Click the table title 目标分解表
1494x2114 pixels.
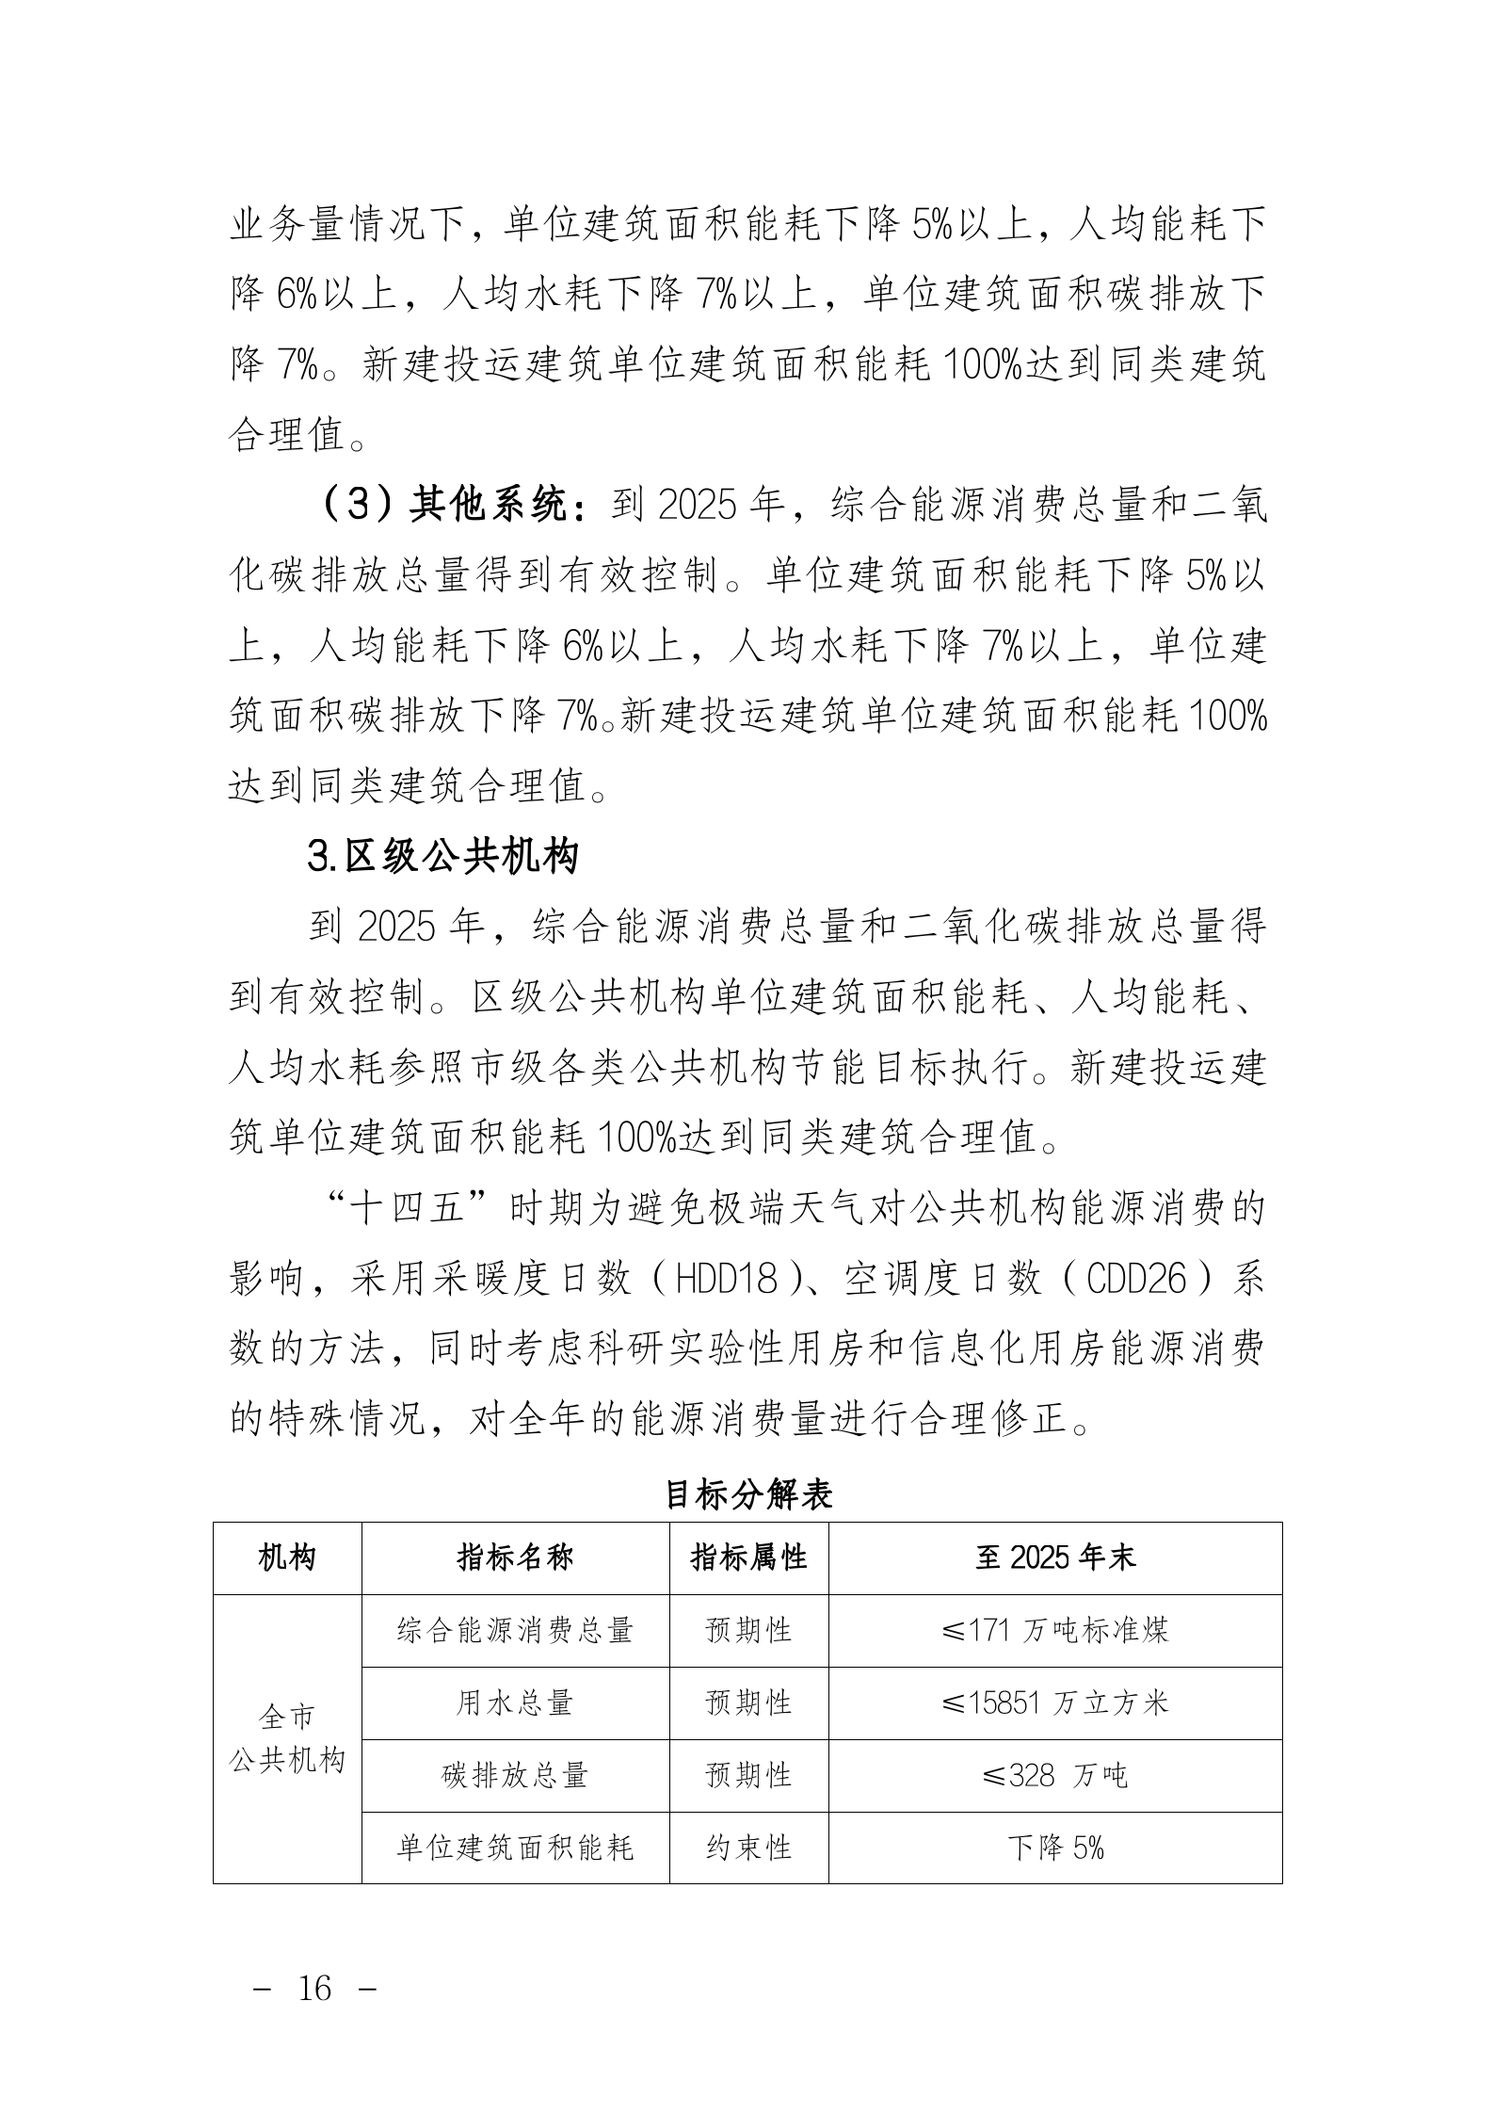click(747, 1494)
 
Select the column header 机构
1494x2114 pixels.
click(286, 1557)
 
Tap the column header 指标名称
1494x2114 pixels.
click(515, 1557)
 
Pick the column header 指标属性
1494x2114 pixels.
click(748, 1557)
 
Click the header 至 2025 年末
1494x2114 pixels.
click(1055, 1557)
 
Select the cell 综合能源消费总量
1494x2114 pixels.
click(515, 1630)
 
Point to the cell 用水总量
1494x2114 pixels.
click(515, 1702)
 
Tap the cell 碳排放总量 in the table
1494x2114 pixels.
click(515, 1775)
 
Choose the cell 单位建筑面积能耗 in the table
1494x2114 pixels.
click(515, 1848)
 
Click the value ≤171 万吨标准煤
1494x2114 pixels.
click(1055, 1630)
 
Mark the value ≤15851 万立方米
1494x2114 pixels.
click(1055, 1702)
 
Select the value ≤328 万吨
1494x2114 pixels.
click(1055, 1775)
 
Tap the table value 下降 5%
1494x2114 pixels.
click(1055, 1848)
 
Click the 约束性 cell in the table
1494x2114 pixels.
click(748, 1848)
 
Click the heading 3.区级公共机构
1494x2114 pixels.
click(442, 857)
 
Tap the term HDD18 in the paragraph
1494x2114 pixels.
click(728, 1280)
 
